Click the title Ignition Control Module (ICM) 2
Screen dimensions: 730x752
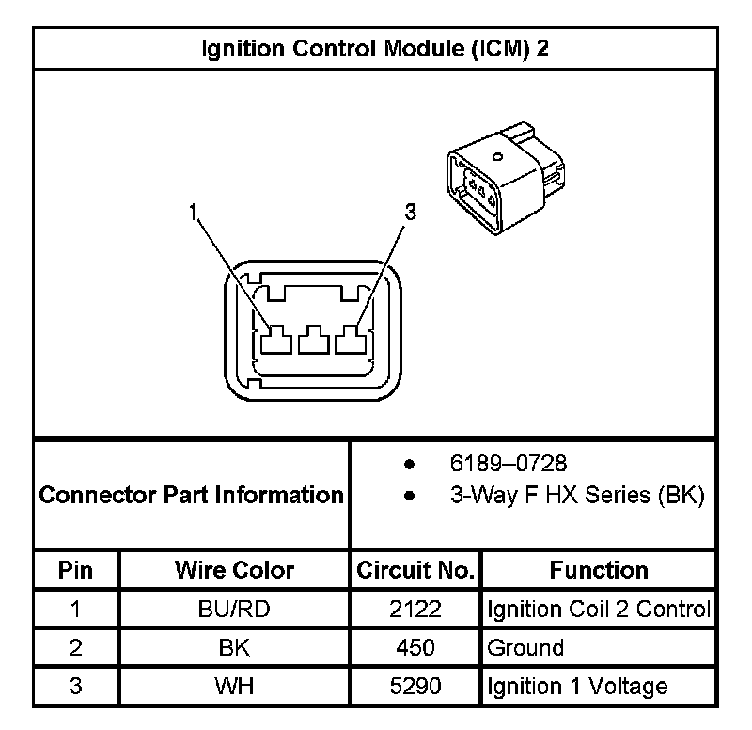click(x=375, y=49)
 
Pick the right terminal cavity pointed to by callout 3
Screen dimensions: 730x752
click(x=350, y=340)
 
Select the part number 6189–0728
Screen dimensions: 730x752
click(x=508, y=464)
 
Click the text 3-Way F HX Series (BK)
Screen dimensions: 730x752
click(x=577, y=495)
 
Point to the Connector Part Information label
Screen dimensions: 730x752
click(x=192, y=494)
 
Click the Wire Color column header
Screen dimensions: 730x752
click(x=234, y=570)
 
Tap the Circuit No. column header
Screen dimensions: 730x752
click(x=415, y=570)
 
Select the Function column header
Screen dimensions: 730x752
click(x=599, y=570)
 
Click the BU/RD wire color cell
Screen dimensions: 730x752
click(x=234, y=609)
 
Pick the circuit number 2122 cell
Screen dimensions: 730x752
click(x=415, y=609)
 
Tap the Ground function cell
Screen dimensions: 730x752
click(x=525, y=647)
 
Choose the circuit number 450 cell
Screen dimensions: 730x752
click(x=415, y=647)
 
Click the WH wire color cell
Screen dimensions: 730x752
click(x=234, y=686)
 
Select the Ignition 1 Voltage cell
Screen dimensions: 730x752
click(x=577, y=686)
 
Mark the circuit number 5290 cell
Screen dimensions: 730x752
click(x=415, y=686)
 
